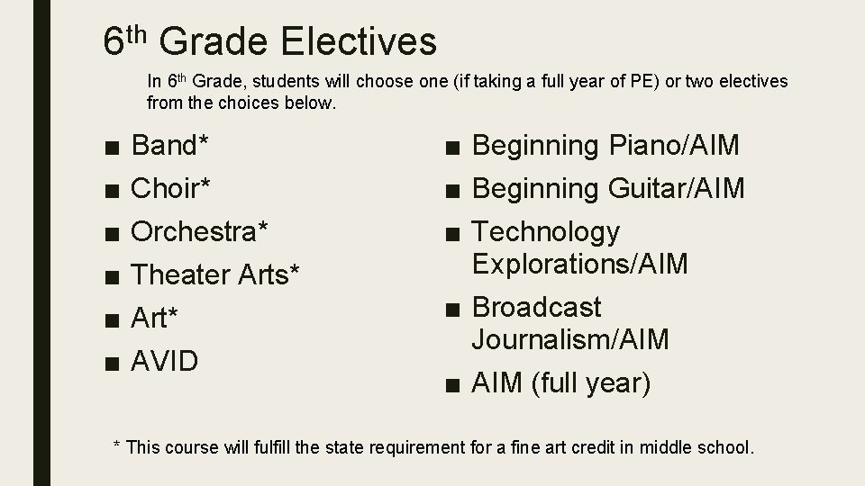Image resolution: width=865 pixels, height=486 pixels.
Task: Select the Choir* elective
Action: [x=171, y=188]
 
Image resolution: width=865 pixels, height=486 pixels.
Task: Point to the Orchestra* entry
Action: [x=199, y=231]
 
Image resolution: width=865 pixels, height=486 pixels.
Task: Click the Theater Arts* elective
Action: [x=215, y=274]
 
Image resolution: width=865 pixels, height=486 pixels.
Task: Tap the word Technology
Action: [x=546, y=232]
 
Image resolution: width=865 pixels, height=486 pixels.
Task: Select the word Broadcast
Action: [x=537, y=308]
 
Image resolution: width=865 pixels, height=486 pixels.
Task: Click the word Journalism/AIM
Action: [x=570, y=339]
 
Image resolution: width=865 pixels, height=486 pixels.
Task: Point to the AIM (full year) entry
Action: [x=560, y=382]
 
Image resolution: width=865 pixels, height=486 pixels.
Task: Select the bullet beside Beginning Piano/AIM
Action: [x=451, y=146]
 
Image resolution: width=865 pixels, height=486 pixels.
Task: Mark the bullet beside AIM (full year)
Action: [x=451, y=384]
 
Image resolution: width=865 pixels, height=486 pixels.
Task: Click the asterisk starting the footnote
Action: [x=116, y=445]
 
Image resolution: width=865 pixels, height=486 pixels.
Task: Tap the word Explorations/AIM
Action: [x=579, y=264]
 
